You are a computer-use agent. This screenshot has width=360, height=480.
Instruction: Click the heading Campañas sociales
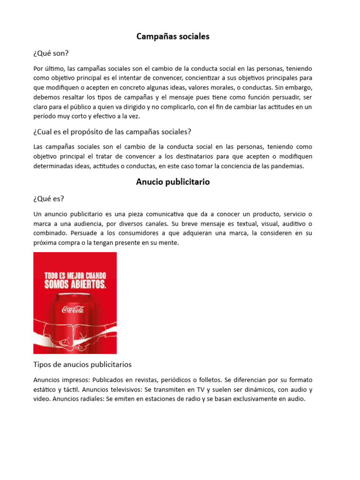[x=172, y=37]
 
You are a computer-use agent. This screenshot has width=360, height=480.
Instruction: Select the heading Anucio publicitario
[x=172, y=182]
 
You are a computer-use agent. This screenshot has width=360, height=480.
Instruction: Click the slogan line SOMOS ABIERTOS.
[x=75, y=284]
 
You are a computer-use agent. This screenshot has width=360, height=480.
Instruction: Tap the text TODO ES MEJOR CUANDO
[x=75, y=275]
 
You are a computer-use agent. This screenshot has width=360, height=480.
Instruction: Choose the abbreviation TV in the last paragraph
[x=212, y=390]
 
